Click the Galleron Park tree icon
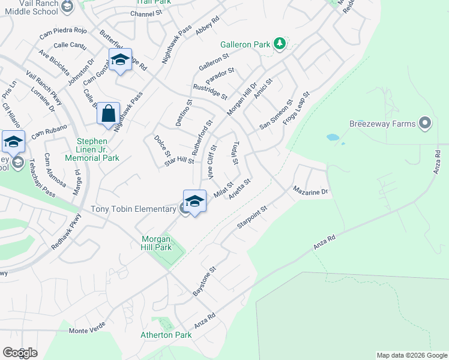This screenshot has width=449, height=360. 279,43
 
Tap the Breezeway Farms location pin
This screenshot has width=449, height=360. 426,124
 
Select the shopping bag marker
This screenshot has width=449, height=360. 108,113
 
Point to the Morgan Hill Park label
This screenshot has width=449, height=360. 152,243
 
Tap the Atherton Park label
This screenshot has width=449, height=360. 164,335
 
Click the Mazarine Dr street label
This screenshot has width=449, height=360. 312,191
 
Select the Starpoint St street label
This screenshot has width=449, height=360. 252,217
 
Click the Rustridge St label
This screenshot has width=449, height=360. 210,92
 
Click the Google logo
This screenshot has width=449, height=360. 20,353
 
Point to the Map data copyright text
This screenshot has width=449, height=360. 411,355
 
